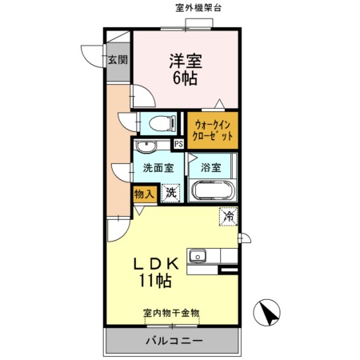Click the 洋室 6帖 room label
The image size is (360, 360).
tap(186, 70)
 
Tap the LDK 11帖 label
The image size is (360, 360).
tap(156, 272)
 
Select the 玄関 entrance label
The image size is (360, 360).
tap(118, 60)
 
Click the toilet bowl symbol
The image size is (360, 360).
tap(162, 124)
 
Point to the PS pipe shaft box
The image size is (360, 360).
tap(178, 144)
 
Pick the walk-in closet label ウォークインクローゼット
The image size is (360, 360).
tap(213, 130)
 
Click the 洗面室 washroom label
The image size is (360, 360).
tap(158, 168)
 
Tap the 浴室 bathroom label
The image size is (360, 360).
tap(210, 168)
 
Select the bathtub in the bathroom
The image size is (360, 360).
tap(213, 190)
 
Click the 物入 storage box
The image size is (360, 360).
tap(145, 194)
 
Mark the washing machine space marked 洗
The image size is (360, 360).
tap(170, 193)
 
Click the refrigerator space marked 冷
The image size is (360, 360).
tap(229, 217)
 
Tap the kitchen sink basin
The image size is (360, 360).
tap(198, 257)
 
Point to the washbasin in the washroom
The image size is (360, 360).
tap(146, 146)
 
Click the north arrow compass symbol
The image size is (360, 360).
tap(266, 312)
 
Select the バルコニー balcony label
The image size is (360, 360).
tap(174, 341)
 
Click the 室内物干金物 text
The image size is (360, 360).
tap(171, 313)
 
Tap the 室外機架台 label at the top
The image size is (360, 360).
tap(198, 8)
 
